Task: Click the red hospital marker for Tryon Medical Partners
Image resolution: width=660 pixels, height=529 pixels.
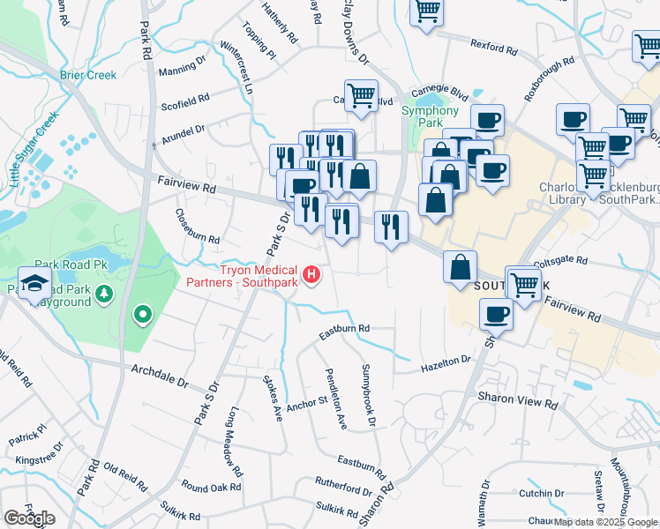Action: (311, 276)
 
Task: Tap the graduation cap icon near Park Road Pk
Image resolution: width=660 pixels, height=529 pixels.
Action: (34, 285)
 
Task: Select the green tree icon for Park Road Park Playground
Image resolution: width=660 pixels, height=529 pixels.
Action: (104, 293)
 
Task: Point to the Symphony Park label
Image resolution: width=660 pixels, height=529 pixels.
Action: (430, 117)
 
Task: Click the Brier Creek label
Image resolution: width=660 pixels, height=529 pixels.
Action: (88, 75)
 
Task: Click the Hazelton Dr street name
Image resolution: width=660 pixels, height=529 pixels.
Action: (446, 362)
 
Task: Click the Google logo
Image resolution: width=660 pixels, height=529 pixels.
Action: (30, 518)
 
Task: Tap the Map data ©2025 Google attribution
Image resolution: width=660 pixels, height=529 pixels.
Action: (605, 522)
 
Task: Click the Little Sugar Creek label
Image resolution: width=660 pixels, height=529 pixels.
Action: (33, 149)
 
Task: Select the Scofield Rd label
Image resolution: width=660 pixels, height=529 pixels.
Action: (185, 101)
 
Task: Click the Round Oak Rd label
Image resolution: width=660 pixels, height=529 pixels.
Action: (211, 487)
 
